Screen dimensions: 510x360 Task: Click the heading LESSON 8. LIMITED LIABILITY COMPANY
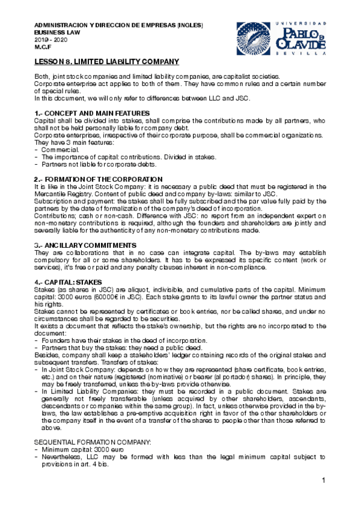click(x=107, y=62)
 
